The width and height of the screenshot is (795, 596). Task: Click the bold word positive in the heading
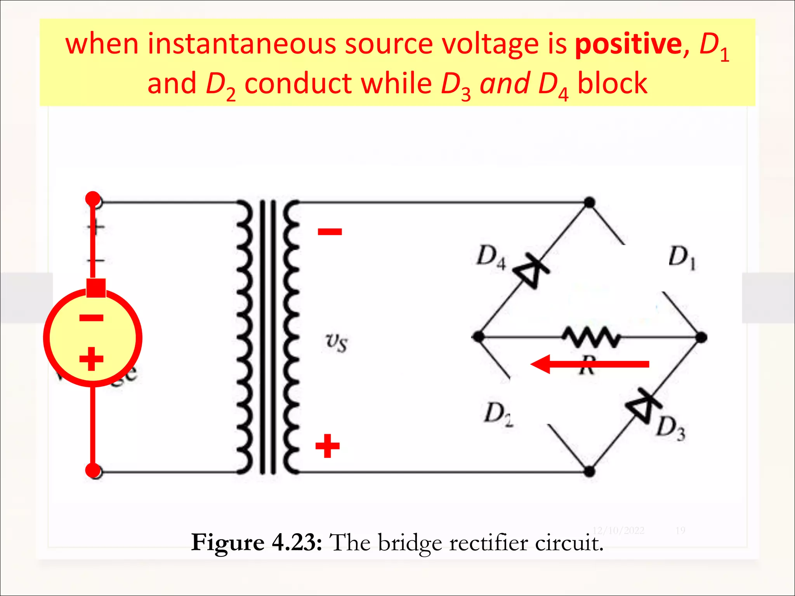(x=628, y=45)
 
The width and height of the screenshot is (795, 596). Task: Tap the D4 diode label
(x=491, y=257)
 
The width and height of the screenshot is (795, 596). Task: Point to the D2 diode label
(x=498, y=414)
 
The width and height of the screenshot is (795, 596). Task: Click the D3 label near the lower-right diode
(x=670, y=428)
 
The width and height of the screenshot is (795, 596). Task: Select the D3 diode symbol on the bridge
(x=643, y=407)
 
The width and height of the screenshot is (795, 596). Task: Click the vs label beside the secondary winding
(x=336, y=342)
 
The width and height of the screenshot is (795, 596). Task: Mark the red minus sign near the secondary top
(x=330, y=232)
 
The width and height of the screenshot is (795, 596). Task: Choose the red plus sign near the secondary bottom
(x=327, y=446)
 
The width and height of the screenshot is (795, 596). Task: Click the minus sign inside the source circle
(x=91, y=319)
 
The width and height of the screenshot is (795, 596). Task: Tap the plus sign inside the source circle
(x=91, y=359)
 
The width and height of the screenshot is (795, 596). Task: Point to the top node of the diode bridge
(x=589, y=203)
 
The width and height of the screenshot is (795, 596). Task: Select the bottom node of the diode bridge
(x=589, y=472)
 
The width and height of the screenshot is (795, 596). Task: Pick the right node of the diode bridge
(x=701, y=337)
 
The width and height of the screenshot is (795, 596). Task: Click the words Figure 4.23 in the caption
(x=256, y=542)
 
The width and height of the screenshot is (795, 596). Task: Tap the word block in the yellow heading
(x=612, y=84)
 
